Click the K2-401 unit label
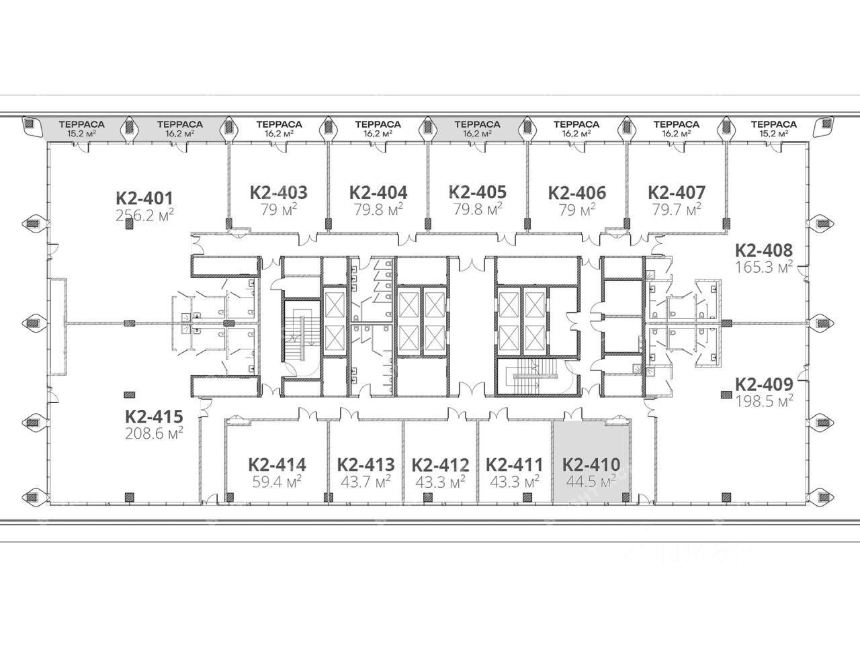[x=144, y=198]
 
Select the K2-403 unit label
[x=279, y=193]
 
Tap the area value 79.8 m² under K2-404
[x=378, y=210]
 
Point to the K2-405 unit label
[x=478, y=192]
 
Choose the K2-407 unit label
[x=677, y=193]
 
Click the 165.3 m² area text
[x=764, y=267]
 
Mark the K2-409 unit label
[x=764, y=384]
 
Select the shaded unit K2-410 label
[x=591, y=465]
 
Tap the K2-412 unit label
[x=440, y=465]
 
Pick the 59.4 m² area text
[x=277, y=482]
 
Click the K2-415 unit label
[x=154, y=417]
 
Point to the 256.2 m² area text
[x=144, y=215]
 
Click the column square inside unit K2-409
[x=726, y=395]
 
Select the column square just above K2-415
[x=129, y=395]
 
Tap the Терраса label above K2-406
[x=576, y=124]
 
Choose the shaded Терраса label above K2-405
[x=477, y=124]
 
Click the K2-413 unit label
[x=366, y=465]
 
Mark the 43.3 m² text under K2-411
[x=515, y=482]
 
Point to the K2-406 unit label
[x=577, y=193]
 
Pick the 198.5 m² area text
[x=764, y=401]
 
